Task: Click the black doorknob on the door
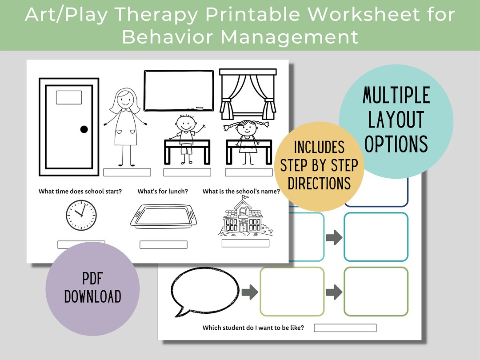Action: pos(84,129)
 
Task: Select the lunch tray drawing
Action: pos(163,216)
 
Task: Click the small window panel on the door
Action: pos(69,97)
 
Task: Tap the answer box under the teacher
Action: pos(127,172)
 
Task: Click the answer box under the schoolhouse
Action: pos(245,243)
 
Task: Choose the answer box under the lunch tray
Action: pos(163,244)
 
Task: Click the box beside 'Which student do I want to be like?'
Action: pos(345,328)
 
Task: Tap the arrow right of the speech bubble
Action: pos(250,292)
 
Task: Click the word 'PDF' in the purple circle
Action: pos(92,279)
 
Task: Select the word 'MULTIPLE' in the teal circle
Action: pos(396,96)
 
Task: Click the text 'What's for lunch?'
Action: pos(163,192)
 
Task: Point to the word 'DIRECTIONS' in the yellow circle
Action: pos(320,183)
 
